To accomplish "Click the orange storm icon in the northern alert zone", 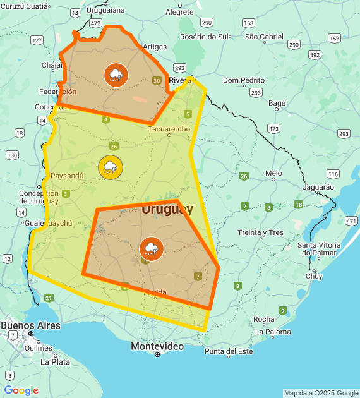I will click(116, 75).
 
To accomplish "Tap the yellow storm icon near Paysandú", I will click(111, 168).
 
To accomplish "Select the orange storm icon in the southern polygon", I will click(151, 248).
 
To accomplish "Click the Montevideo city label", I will click(157, 346).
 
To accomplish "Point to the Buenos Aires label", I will click(30, 325).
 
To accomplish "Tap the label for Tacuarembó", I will click(169, 130).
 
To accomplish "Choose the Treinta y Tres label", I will click(260, 232).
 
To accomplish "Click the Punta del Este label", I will click(228, 351).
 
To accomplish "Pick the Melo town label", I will click(273, 173).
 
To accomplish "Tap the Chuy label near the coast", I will click(314, 276).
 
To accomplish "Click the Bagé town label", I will click(277, 103).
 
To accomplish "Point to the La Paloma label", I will click(273, 332).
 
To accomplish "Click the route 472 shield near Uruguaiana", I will click(95, 23).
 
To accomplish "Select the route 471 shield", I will click(351, 220).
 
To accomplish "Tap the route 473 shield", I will click(273, 128).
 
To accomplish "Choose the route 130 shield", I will click(12, 155).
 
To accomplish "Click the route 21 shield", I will click(49, 298).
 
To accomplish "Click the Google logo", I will click(21, 390).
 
